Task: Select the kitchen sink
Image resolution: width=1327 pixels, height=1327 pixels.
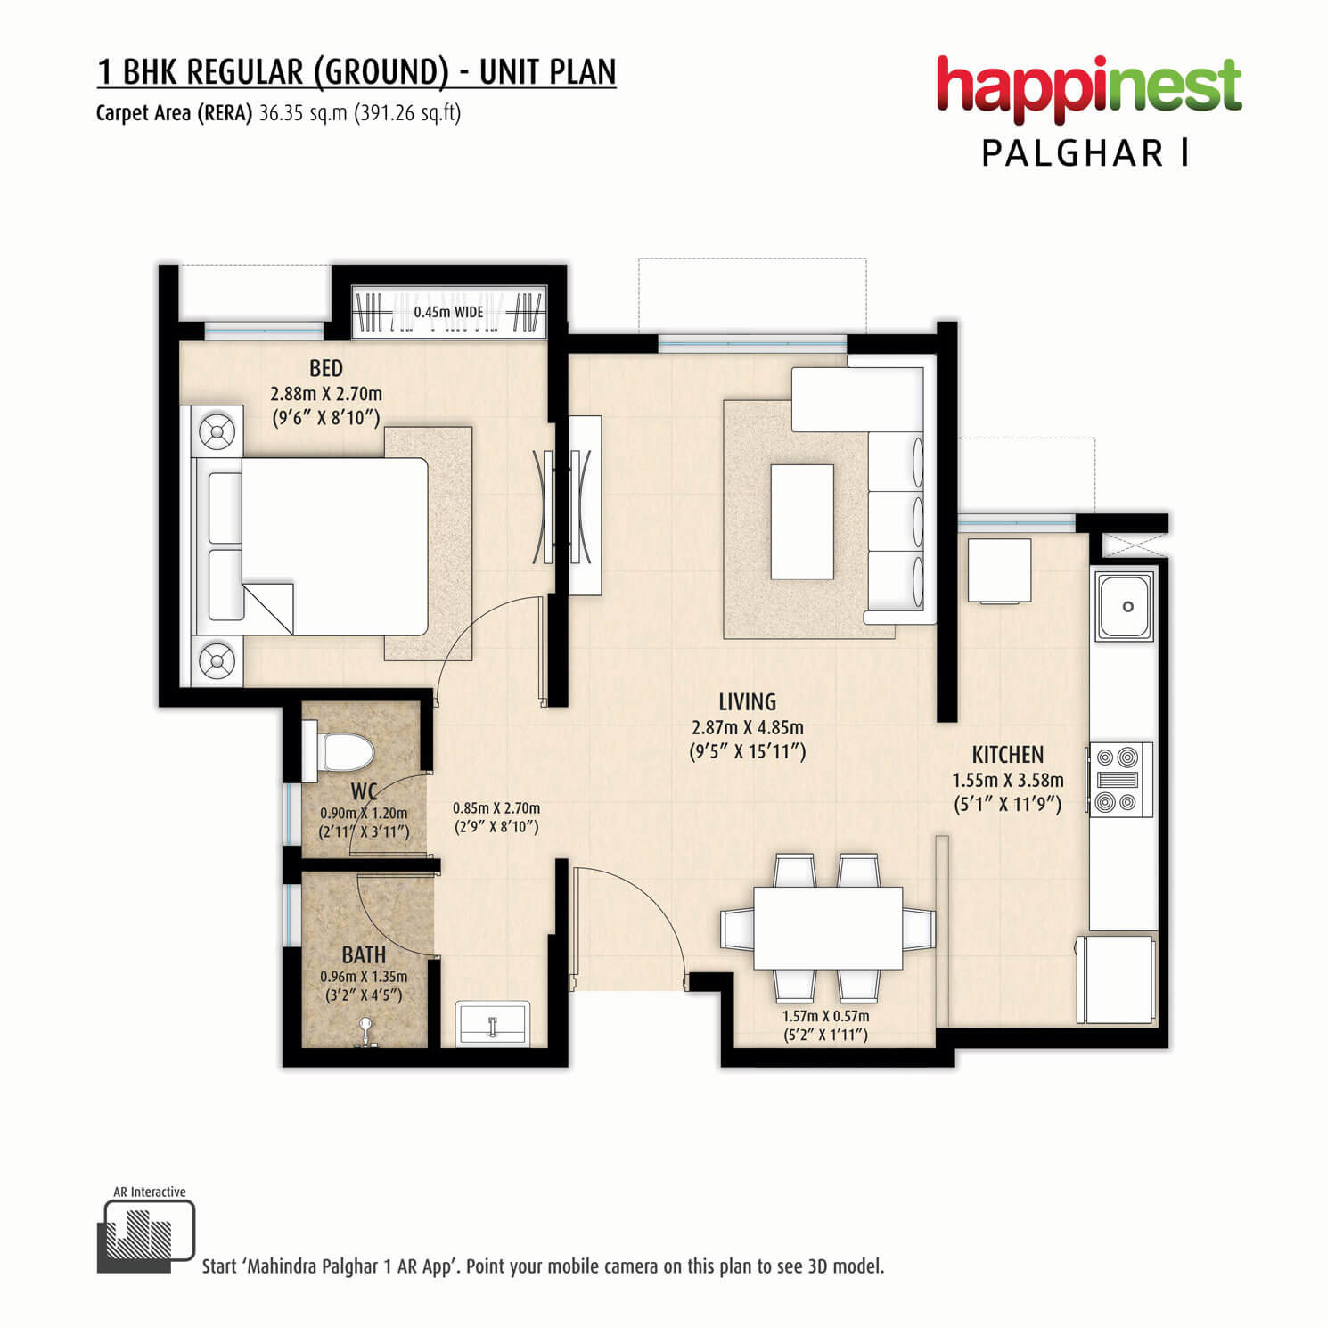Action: coord(1125,606)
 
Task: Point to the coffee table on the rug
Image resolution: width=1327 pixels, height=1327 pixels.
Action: coord(802,521)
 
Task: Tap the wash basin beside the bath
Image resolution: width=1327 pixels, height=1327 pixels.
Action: coord(493,1023)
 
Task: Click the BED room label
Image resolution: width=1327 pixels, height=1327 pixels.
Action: coord(326,368)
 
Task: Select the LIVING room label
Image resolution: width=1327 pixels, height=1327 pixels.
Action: coord(748,701)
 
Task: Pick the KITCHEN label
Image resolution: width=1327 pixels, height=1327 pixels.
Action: coord(1008,755)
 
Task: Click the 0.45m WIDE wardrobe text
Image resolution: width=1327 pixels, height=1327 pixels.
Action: coord(449,312)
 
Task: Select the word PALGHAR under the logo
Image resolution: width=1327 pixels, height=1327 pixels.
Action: coord(1073,153)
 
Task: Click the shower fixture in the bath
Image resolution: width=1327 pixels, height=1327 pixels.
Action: coord(365,1032)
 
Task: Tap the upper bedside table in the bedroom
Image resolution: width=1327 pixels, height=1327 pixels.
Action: coord(217,434)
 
